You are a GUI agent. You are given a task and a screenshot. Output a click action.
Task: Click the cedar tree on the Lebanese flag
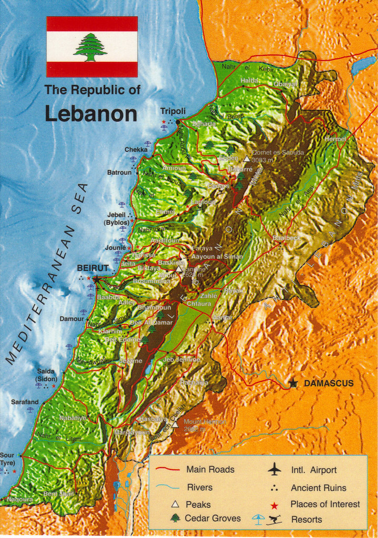tap(90, 47)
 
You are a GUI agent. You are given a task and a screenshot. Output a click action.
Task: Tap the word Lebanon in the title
tap(90, 114)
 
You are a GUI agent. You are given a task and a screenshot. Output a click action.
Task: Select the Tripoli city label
tap(173, 111)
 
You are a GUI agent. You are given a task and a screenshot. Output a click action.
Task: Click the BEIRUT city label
tap(93, 268)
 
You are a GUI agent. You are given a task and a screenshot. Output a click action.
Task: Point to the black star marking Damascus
tap(293, 383)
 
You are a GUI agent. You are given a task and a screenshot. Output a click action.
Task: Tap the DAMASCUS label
tap(329, 383)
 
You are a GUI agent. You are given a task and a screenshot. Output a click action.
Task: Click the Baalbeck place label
tap(287, 238)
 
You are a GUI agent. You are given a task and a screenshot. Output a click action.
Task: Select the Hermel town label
tap(335, 139)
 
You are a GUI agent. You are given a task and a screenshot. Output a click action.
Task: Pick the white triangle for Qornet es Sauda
tap(246, 158)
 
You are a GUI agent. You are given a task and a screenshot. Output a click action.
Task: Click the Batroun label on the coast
tap(119, 172)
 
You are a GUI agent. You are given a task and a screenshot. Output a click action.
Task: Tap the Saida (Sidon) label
tap(46, 374)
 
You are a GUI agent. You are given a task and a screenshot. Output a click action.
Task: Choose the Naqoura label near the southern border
tap(20, 500)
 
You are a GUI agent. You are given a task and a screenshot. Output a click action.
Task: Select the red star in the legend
tap(274, 505)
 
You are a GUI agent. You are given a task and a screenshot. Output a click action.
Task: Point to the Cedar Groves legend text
tap(212, 518)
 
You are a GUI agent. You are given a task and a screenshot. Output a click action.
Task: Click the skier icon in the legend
tap(274, 520)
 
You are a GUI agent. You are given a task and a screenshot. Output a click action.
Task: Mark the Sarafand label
tap(25, 402)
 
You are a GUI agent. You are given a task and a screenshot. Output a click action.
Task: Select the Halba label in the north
tap(249, 80)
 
